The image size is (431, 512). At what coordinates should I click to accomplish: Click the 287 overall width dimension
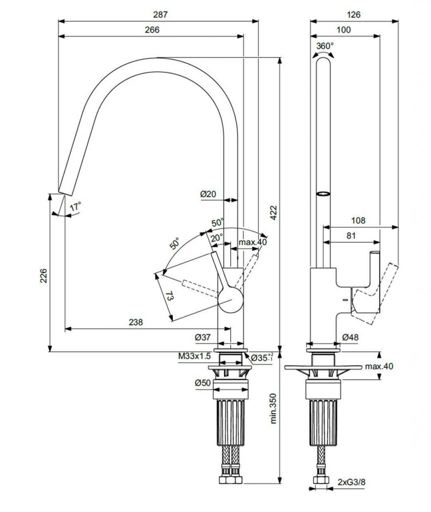[158, 15]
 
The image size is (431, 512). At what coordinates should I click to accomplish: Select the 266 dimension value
[152, 30]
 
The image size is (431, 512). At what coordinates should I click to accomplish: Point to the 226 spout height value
[44, 274]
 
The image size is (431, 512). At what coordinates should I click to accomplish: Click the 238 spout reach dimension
[135, 322]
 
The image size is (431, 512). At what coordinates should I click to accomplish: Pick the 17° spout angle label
[75, 206]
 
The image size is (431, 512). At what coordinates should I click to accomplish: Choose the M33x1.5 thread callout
[195, 356]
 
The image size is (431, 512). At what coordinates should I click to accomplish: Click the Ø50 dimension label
[202, 383]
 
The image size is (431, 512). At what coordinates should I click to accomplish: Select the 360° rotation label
[325, 46]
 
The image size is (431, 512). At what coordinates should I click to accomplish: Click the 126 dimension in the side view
[354, 15]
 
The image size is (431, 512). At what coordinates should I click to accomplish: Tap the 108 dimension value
[358, 220]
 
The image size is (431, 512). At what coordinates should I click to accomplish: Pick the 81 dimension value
[352, 235]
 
